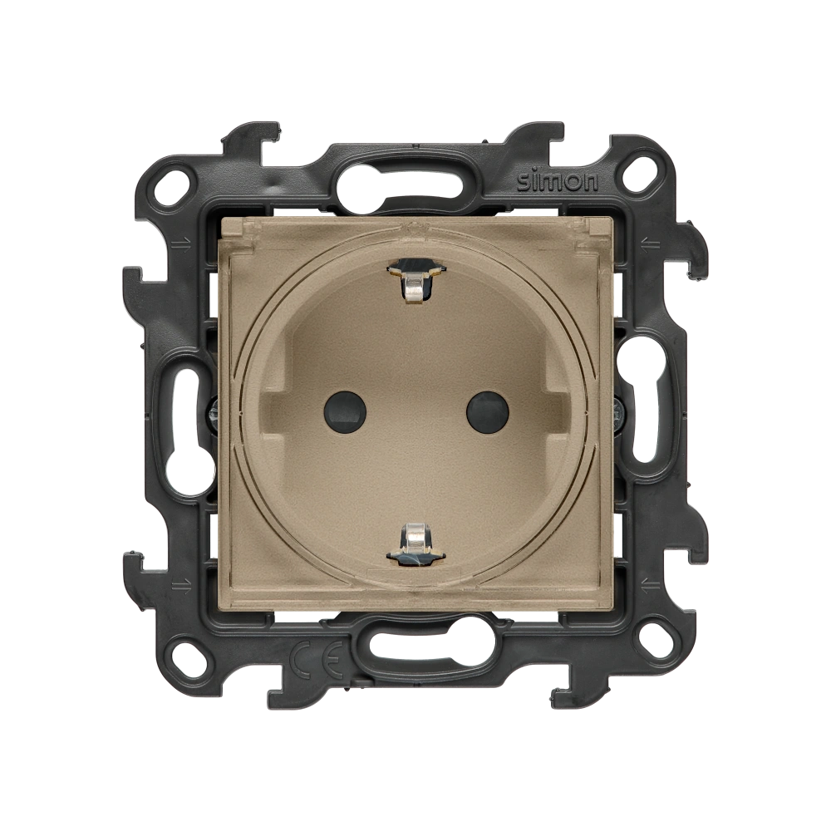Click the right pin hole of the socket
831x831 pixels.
(x=487, y=407)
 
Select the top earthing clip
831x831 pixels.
(x=415, y=282)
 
